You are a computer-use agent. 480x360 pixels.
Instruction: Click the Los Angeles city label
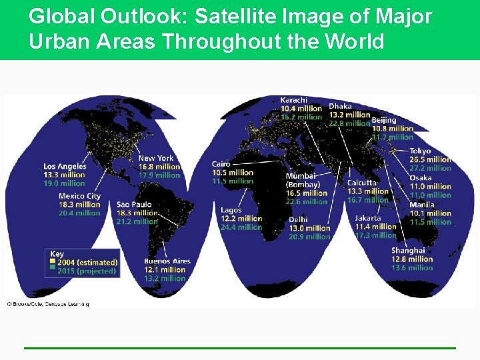point(65,166)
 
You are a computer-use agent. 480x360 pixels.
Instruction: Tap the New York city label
point(155,159)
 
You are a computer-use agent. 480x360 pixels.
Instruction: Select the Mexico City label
point(79,196)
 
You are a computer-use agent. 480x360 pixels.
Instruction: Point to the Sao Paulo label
point(134,205)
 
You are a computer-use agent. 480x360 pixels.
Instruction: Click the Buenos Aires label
point(167,261)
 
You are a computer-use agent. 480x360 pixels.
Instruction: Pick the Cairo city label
point(221,164)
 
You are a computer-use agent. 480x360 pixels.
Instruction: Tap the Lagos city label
point(231,210)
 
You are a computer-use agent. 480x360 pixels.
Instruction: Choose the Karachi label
point(294,100)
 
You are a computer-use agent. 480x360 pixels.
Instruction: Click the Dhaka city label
point(341,106)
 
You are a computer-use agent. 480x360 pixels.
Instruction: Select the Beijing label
point(384,120)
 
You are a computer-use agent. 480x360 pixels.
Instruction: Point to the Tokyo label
point(420,151)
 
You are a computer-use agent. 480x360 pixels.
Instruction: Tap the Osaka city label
point(421,178)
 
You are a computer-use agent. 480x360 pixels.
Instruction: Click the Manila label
point(422,205)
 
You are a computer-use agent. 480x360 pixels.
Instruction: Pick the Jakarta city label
point(368,218)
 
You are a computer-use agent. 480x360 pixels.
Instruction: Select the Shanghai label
point(408,251)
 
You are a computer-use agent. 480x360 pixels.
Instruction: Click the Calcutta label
point(363,183)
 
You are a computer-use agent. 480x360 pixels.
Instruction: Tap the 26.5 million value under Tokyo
point(430,159)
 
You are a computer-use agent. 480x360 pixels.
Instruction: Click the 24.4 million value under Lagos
point(241,227)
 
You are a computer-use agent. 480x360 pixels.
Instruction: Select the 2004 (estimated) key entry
point(87,263)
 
